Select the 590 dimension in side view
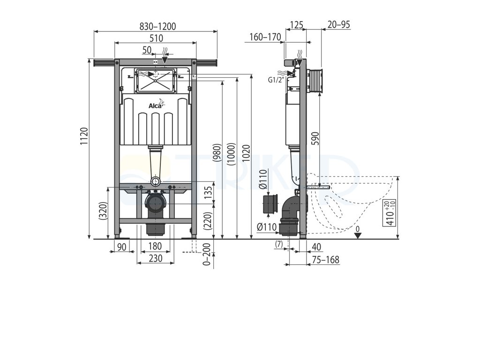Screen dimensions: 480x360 tap(315, 140)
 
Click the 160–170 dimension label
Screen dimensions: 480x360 tap(264, 37)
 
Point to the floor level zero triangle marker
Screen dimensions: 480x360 tap(358, 235)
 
